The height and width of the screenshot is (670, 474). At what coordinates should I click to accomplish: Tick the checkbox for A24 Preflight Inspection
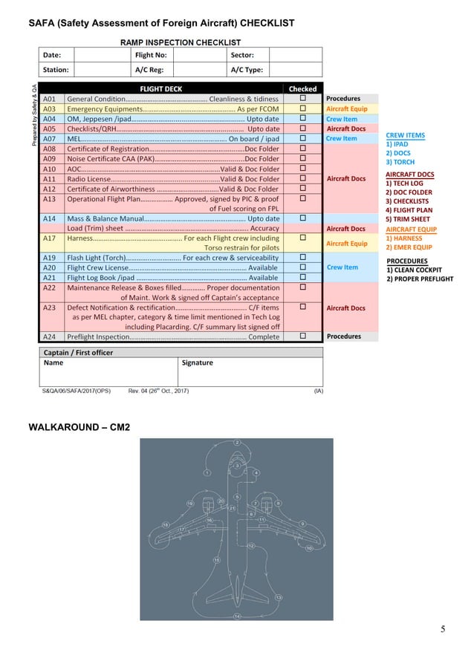pyautogui.click(x=302, y=336)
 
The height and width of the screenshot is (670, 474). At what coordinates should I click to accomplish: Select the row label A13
pyautogui.click(x=50, y=198)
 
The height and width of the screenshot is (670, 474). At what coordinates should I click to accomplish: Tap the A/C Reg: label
pyautogui.click(x=149, y=70)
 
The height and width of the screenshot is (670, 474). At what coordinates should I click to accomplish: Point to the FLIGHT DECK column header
pyautogui.click(x=166, y=88)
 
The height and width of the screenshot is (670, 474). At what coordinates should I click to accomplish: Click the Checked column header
pyautogui.click(x=302, y=88)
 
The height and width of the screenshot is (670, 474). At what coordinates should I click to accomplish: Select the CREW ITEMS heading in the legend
pyautogui.click(x=406, y=135)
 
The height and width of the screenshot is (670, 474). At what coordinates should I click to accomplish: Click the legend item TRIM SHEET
pyautogui.click(x=408, y=219)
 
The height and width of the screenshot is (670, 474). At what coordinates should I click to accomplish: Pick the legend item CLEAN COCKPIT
pyautogui.click(x=417, y=270)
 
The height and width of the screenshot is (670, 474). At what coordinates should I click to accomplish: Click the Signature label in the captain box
pyautogui.click(x=197, y=363)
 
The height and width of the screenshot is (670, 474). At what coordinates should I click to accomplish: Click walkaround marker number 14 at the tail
pyautogui.click(x=237, y=617)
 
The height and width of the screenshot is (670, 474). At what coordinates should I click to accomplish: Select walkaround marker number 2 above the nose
pyautogui.click(x=237, y=443)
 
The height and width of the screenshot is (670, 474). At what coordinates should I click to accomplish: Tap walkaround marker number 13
pyautogui.click(x=279, y=597)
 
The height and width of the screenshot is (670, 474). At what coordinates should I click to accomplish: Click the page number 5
pyautogui.click(x=443, y=630)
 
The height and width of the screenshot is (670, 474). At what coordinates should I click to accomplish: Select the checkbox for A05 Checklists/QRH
pyautogui.click(x=302, y=129)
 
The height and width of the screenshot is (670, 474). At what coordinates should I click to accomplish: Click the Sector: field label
pyautogui.click(x=242, y=55)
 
